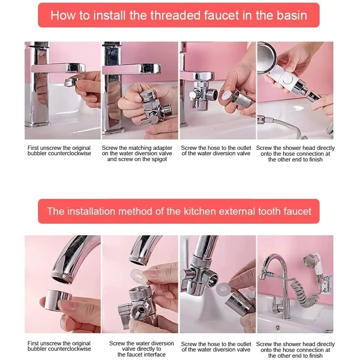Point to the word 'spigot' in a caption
(158, 159)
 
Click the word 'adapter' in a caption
(162, 148)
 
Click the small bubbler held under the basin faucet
(71, 82)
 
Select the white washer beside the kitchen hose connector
(222, 289)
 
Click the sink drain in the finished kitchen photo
(278, 327)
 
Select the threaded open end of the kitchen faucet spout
(62, 278)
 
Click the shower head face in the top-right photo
(266, 58)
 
